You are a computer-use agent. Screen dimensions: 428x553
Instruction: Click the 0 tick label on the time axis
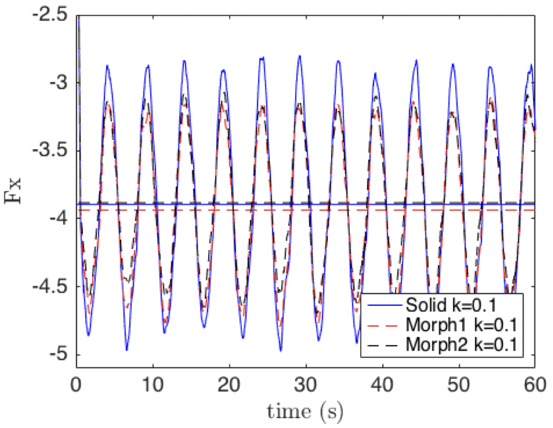77,384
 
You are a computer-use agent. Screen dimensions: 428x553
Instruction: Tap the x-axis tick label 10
153,384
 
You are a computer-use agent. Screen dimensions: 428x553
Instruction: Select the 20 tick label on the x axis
229,384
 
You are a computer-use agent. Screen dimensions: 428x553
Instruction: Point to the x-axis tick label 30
305,384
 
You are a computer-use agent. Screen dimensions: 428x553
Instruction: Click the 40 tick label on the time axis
382,384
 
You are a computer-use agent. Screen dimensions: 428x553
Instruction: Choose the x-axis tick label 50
458,384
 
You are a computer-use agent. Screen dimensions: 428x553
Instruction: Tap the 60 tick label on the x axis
534,384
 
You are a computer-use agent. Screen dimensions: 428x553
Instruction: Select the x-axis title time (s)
305,411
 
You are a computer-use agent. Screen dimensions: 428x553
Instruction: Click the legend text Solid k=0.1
451,305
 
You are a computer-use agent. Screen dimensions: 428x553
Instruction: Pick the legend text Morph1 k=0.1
461,325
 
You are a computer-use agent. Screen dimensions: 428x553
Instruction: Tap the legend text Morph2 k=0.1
461,345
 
